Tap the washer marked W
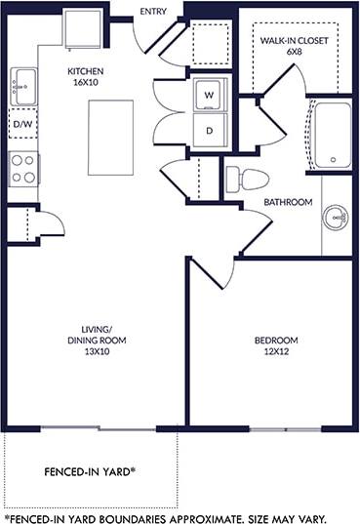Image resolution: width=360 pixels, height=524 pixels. (x=208, y=95)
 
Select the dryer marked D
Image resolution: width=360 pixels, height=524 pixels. (x=208, y=130)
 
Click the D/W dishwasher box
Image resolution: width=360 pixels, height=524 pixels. (x=22, y=125)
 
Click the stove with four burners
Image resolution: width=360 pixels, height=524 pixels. (x=23, y=169)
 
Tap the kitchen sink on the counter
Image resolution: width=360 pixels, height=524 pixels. (x=21, y=87)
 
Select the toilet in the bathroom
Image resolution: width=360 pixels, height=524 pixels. (x=246, y=181)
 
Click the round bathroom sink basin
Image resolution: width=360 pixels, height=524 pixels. (x=337, y=216)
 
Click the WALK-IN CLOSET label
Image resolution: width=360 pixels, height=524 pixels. (x=294, y=39)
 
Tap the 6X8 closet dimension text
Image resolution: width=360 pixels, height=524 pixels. (x=294, y=52)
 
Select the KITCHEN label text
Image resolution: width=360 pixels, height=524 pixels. (x=86, y=71)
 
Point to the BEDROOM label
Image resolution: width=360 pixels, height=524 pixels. (x=276, y=341)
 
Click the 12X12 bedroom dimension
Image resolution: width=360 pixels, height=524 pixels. (x=276, y=353)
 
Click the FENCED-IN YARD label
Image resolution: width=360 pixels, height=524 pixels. (x=90, y=471)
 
